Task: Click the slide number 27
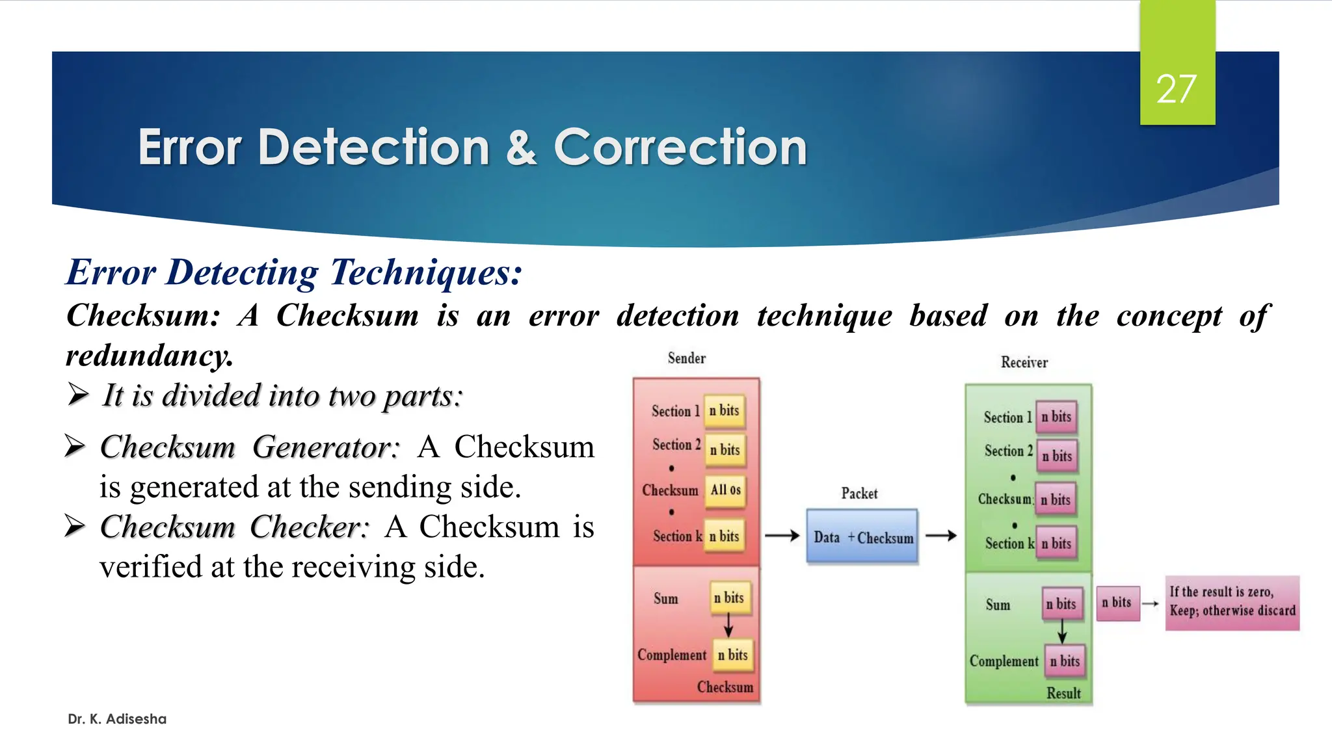click(1176, 89)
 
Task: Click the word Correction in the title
click(680, 148)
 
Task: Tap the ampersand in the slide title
click(521, 148)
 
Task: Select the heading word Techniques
click(425, 272)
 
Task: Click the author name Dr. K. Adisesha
click(117, 719)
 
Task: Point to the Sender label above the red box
click(686, 358)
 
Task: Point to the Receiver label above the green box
click(1024, 363)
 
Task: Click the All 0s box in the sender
click(725, 490)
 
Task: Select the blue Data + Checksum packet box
click(862, 537)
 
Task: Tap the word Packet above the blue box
click(859, 493)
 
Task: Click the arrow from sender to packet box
click(782, 536)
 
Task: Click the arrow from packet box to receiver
click(941, 536)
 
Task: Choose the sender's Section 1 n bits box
click(724, 411)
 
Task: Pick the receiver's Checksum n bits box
click(1056, 500)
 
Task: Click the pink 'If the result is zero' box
click(1232, 602)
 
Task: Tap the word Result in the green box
click(1063, 693)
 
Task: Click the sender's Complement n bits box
click(733, 655)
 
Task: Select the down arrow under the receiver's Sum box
click(1061, 629)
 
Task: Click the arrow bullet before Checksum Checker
click(75, 526)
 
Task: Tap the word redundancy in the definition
click(149, 356)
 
